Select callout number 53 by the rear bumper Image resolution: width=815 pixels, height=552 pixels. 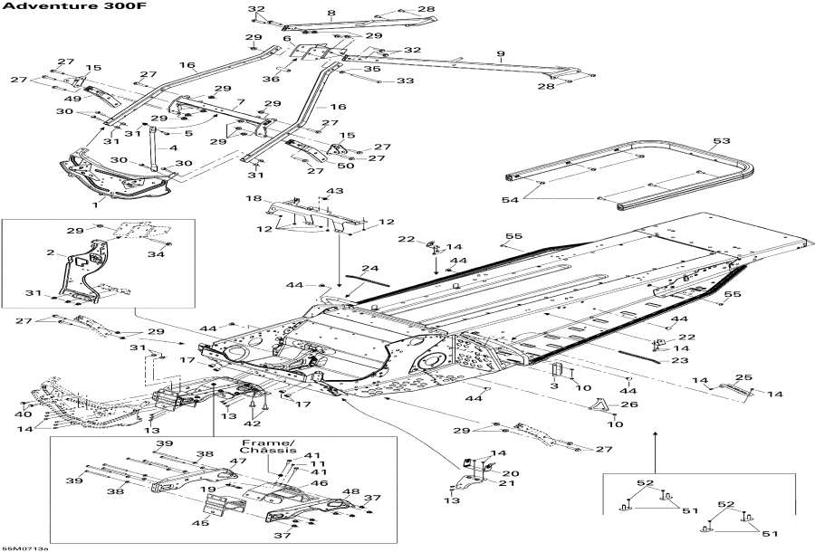coord(721,141)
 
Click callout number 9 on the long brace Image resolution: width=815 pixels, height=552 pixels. coord(500,54)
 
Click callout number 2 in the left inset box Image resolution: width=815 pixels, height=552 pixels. coord(52,252)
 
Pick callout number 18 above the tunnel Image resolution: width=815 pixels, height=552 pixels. coord(254,198)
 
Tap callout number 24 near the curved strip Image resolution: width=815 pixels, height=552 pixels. coord(369,268)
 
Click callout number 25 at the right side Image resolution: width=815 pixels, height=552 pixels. coord(743,376)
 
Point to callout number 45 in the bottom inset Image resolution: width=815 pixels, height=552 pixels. coord(201,522)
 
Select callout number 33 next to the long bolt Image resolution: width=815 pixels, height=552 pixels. coord(405,81)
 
